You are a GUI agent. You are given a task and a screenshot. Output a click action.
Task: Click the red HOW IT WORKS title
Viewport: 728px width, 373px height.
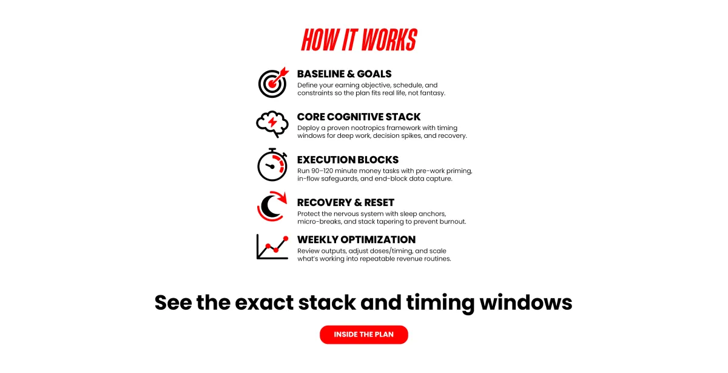point(359,40)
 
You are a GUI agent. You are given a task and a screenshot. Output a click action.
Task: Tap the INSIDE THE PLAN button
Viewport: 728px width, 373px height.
point(364,335)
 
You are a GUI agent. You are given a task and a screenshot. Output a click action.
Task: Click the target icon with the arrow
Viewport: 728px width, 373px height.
point(272,83)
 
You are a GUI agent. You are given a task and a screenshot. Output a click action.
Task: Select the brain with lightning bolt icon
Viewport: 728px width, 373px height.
point(271,124)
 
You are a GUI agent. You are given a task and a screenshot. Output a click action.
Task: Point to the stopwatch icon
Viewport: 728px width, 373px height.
point(271,165)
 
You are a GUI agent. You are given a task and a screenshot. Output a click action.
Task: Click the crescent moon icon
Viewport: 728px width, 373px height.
point(271,207)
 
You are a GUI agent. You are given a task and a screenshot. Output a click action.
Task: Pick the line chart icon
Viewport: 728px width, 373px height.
point(272,246)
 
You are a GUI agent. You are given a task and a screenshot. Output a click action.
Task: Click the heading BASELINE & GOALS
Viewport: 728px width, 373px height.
point(344,74)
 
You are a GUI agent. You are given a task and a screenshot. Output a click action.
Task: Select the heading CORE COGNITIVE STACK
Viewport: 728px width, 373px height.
point(359,117)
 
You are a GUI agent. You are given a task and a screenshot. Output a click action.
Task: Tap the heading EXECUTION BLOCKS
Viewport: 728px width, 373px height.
point(348,160)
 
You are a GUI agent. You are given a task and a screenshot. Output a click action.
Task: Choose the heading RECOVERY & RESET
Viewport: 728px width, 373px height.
point(346,202)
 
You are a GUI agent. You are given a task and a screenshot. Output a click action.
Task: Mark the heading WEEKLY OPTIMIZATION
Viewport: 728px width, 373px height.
point(356,239)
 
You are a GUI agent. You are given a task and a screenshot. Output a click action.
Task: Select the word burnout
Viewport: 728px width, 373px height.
point(452,222)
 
